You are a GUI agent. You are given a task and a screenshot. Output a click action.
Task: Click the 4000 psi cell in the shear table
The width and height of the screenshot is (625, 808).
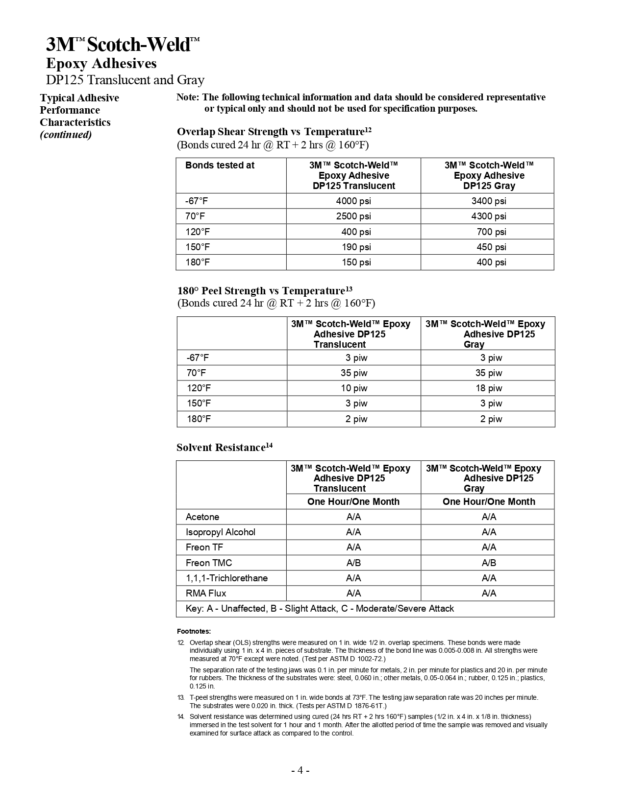point(353,201)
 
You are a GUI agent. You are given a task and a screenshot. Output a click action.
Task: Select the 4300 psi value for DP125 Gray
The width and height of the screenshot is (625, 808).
point(488,216)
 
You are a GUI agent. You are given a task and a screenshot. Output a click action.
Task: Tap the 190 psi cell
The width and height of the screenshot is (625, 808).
point(356,247)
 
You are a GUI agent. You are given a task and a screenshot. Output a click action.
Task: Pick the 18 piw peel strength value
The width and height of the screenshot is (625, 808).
point(489,388)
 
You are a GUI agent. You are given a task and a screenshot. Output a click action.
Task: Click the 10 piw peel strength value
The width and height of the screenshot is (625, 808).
point(354,388)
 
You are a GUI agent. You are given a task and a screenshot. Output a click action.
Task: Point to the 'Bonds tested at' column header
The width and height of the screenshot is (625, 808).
point(220,165)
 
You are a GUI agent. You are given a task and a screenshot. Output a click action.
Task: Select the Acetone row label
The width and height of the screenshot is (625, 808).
point(202,517)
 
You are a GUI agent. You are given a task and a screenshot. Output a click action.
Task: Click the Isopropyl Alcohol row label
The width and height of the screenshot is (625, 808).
point(220,532)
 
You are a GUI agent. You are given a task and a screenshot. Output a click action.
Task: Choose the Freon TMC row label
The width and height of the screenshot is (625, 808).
point(209,563)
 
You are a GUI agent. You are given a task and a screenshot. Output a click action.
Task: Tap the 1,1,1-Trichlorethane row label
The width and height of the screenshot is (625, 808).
point(226,578)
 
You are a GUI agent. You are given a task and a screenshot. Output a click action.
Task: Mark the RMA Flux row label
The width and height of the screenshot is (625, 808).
point(206,593)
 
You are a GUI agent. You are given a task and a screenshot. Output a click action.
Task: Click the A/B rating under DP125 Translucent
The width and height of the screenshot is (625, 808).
point(353,563)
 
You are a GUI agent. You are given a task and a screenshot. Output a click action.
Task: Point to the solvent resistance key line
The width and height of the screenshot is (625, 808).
point(320,608)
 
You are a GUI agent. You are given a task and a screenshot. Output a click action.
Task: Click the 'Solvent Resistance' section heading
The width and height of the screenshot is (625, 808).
point(221,448)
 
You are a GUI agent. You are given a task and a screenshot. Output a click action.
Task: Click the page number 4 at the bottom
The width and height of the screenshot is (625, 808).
point(300,770)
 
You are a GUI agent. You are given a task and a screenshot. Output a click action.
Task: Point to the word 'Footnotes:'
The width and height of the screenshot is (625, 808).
point(194,631)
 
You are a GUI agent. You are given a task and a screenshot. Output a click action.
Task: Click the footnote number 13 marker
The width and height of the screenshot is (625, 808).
point(180,697)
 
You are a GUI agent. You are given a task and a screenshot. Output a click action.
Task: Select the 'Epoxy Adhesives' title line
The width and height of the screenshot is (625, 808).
point(101,63)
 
